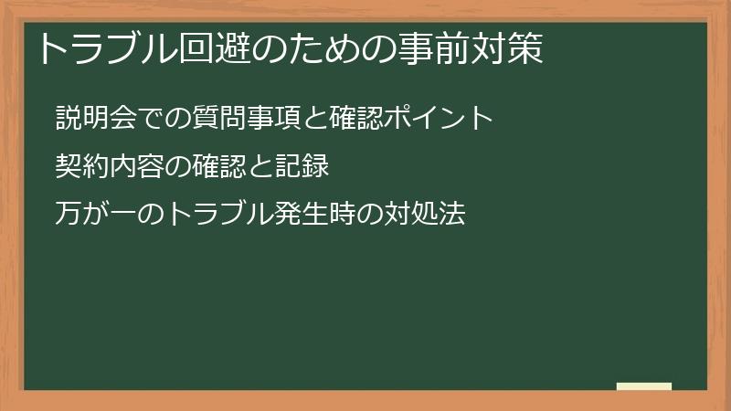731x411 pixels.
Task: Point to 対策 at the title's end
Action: pyautogui.click(x=509, y=48)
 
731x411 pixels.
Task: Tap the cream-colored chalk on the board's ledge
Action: pyautogui.click(x=644, y=386)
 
